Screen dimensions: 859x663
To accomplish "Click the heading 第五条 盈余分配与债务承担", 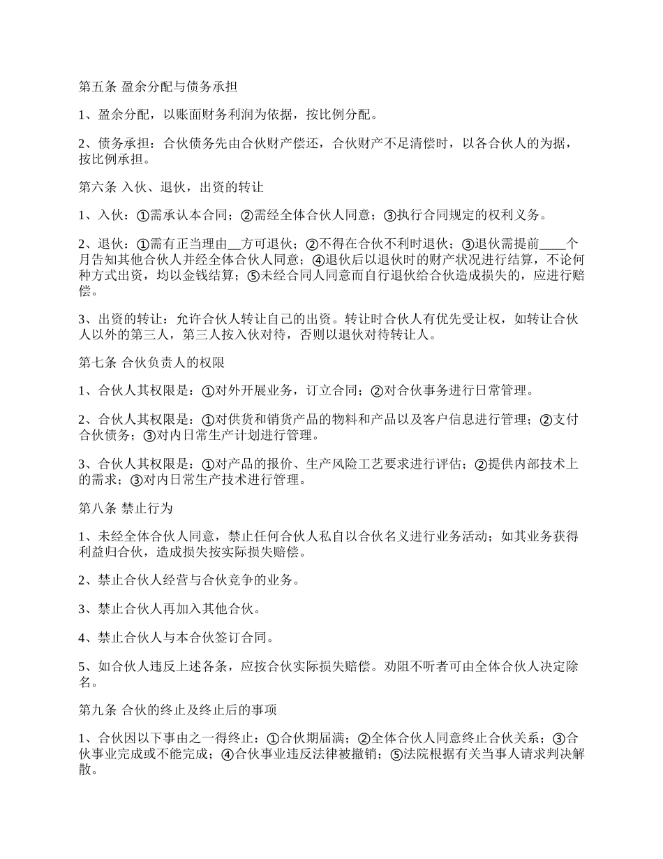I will click(158, 88).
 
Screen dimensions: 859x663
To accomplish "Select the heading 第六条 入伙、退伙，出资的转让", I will click(170, 188).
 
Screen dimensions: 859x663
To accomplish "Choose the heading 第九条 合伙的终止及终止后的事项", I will click(178, 711).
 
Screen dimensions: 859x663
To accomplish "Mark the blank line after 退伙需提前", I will click(553, 244).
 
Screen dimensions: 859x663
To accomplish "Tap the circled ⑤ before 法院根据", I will click(396, 754).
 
